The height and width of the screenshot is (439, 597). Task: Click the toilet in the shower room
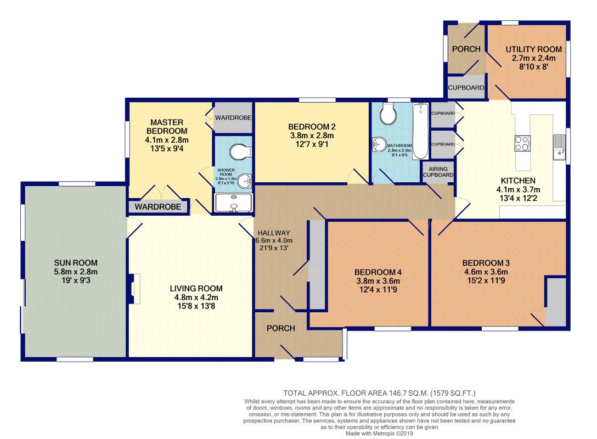241,151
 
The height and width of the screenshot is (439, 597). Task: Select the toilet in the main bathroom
388,113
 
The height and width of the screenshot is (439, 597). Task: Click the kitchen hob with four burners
522,144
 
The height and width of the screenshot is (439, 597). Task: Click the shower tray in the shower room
233,202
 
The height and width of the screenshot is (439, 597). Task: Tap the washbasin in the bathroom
379,144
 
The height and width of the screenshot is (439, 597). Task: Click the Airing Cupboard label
438,172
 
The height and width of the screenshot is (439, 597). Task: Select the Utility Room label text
533,49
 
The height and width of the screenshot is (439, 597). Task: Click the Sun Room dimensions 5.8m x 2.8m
76,272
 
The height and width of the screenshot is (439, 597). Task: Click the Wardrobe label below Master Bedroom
157,207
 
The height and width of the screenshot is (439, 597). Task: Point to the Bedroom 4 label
378,272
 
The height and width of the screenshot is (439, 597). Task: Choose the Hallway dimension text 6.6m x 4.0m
274,241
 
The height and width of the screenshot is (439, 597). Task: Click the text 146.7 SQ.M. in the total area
408,393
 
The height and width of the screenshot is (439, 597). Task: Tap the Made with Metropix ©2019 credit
379,434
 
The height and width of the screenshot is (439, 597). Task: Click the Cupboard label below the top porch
466,88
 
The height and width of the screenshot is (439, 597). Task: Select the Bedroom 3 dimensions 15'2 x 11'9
486,281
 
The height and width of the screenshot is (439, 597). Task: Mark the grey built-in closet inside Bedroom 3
556,302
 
